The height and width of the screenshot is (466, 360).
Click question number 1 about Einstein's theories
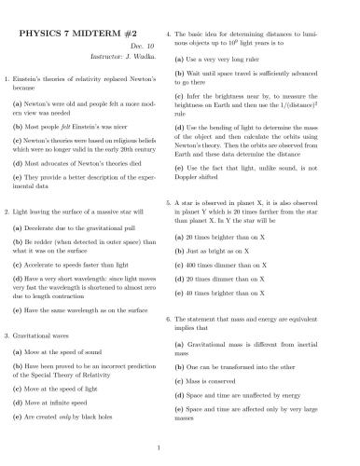pos(7,78)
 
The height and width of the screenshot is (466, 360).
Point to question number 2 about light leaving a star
pos(7,212)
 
